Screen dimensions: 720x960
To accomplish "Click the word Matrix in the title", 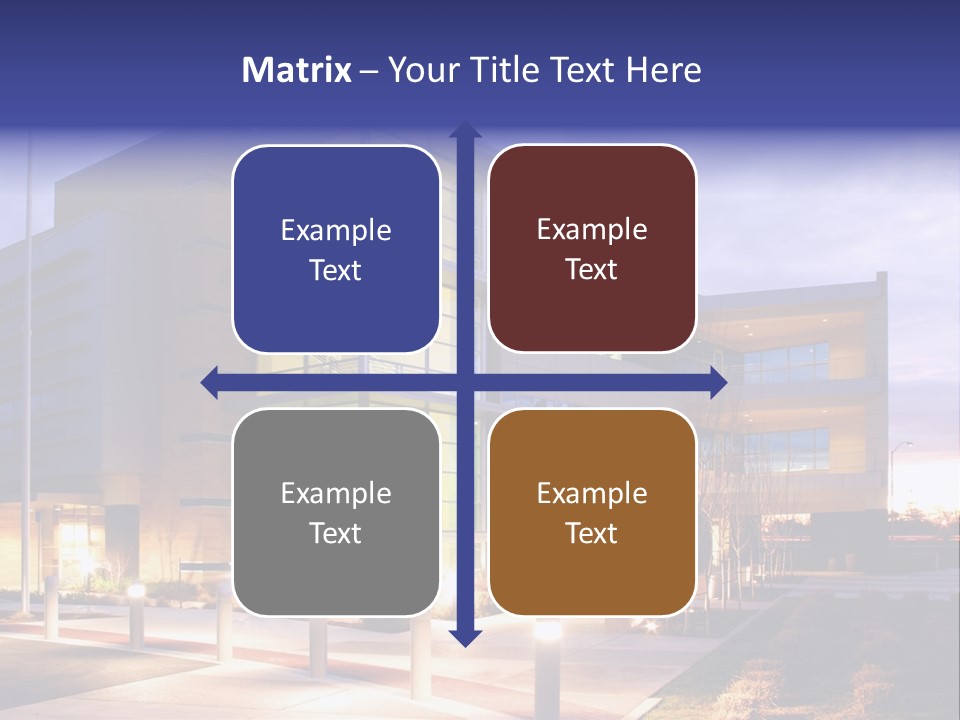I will pyautogui.click(x=296, y=70).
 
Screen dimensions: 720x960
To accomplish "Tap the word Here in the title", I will pyautogui.click(x=663, y=70).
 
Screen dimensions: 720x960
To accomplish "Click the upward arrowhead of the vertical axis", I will pyautogui.click(x=465, y=131).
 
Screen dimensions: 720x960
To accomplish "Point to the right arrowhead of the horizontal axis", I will pyautogui.click(x=717, y=383).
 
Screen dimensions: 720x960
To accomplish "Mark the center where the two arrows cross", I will pyautogui.click(x=465, y=383).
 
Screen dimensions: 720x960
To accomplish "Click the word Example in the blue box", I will pyautogui.click(x=336, y=231).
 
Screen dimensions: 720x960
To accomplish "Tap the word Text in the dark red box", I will pyautogui.click(x=592, y=270).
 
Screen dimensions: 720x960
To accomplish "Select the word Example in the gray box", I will pyautogui.click(x=336, y=493).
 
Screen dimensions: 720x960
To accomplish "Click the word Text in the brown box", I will pyautogui.click(x=592, y=533).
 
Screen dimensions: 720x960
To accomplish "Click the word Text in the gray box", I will pyautogui.click(x=336, y=533).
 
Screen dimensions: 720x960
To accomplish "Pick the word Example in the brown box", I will pyautogui.click(x=592, y=493).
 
